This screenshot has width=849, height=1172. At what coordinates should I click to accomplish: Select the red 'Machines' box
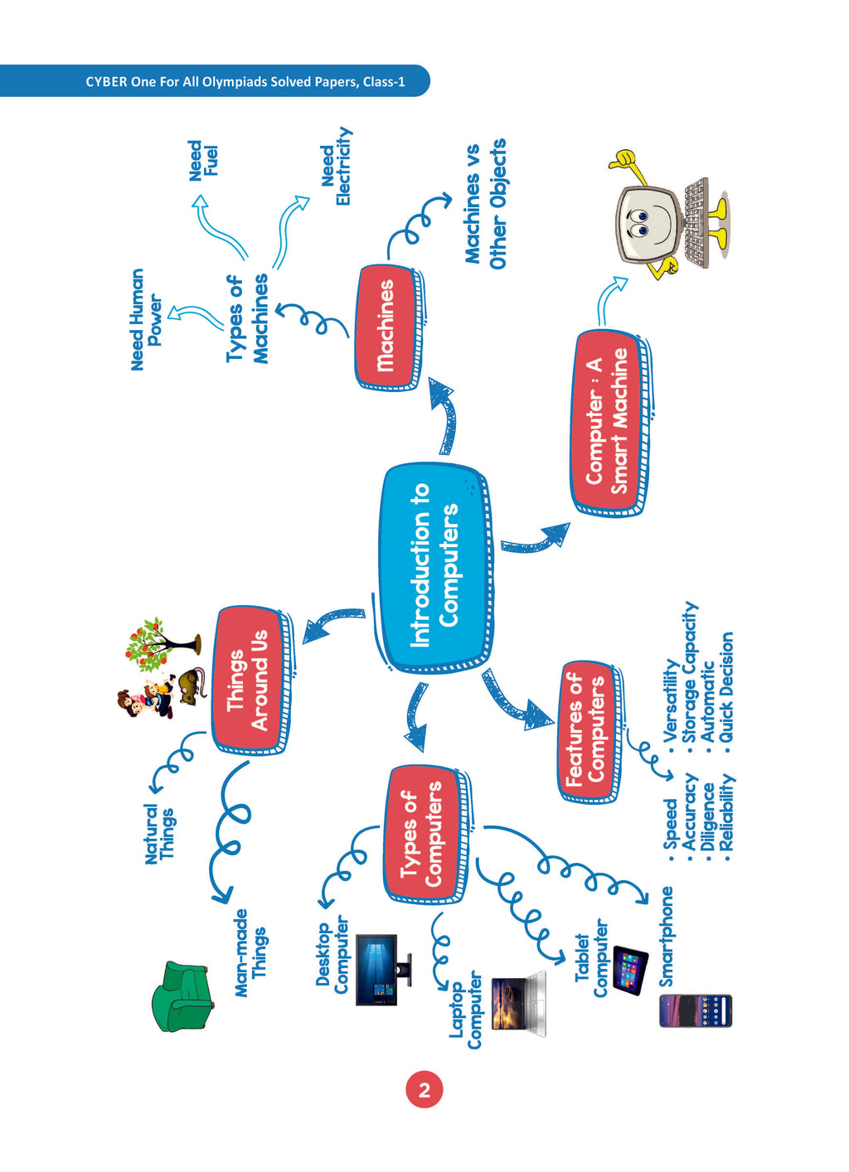pyautogui.click(x=388, y=327)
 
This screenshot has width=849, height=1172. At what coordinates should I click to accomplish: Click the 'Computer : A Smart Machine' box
pyautogui.click(x=609, y=424)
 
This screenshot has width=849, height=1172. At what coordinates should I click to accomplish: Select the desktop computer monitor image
pyautogui.click(x=383, y=970)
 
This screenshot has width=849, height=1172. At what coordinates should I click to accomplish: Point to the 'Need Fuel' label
pyautogui.click(x=203, y=160)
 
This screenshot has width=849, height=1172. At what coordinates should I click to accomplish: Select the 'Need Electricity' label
pyautogui.click(x=336, y=167)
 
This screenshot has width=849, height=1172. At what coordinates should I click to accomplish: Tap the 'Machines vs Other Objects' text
pyautogui.click(x=485, y=203)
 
